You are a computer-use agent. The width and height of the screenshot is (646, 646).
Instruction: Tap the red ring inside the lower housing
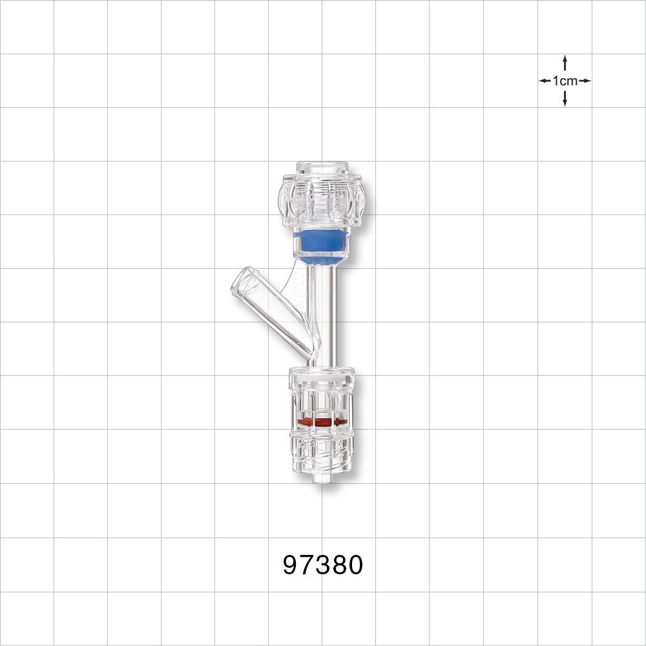[322, 422]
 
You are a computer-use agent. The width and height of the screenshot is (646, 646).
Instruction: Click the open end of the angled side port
[241, 283]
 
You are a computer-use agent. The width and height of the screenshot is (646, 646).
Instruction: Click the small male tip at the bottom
[321, 480]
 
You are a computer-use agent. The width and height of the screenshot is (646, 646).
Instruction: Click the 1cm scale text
[565, 81]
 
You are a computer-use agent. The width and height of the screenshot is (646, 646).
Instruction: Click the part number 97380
[322, 565]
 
